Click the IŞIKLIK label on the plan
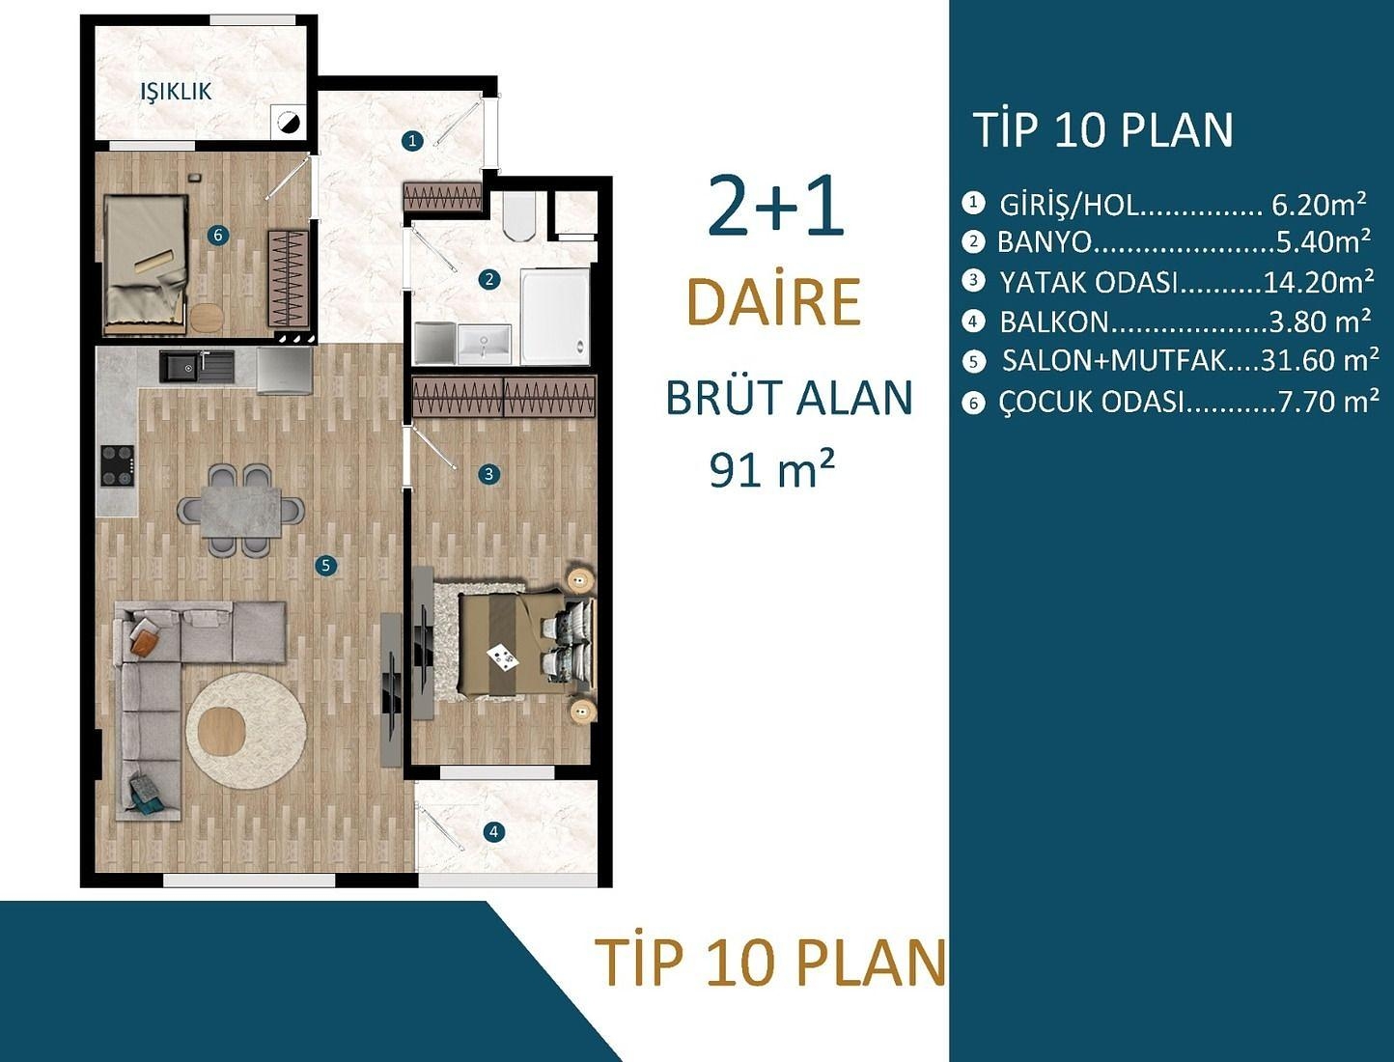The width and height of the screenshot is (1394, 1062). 176,92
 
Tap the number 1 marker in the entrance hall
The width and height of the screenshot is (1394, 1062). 412,141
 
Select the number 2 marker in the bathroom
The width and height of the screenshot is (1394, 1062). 489,280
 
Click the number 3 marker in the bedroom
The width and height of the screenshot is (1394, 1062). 489,474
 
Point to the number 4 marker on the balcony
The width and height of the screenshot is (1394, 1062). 493,831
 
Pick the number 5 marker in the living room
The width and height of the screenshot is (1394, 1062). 326,565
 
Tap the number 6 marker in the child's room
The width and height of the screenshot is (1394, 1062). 218,235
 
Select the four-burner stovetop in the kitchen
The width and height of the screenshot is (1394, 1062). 118,465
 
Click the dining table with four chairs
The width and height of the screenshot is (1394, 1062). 241,511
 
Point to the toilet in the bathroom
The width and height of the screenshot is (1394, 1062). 519,215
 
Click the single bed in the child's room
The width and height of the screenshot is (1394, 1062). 145,264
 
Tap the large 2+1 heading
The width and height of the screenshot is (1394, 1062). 775,207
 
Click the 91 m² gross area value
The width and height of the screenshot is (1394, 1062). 771,470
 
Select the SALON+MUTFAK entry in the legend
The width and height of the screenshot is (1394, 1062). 1114,361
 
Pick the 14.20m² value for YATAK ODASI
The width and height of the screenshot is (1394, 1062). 1318,282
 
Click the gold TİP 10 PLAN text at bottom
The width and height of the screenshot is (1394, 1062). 770,963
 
